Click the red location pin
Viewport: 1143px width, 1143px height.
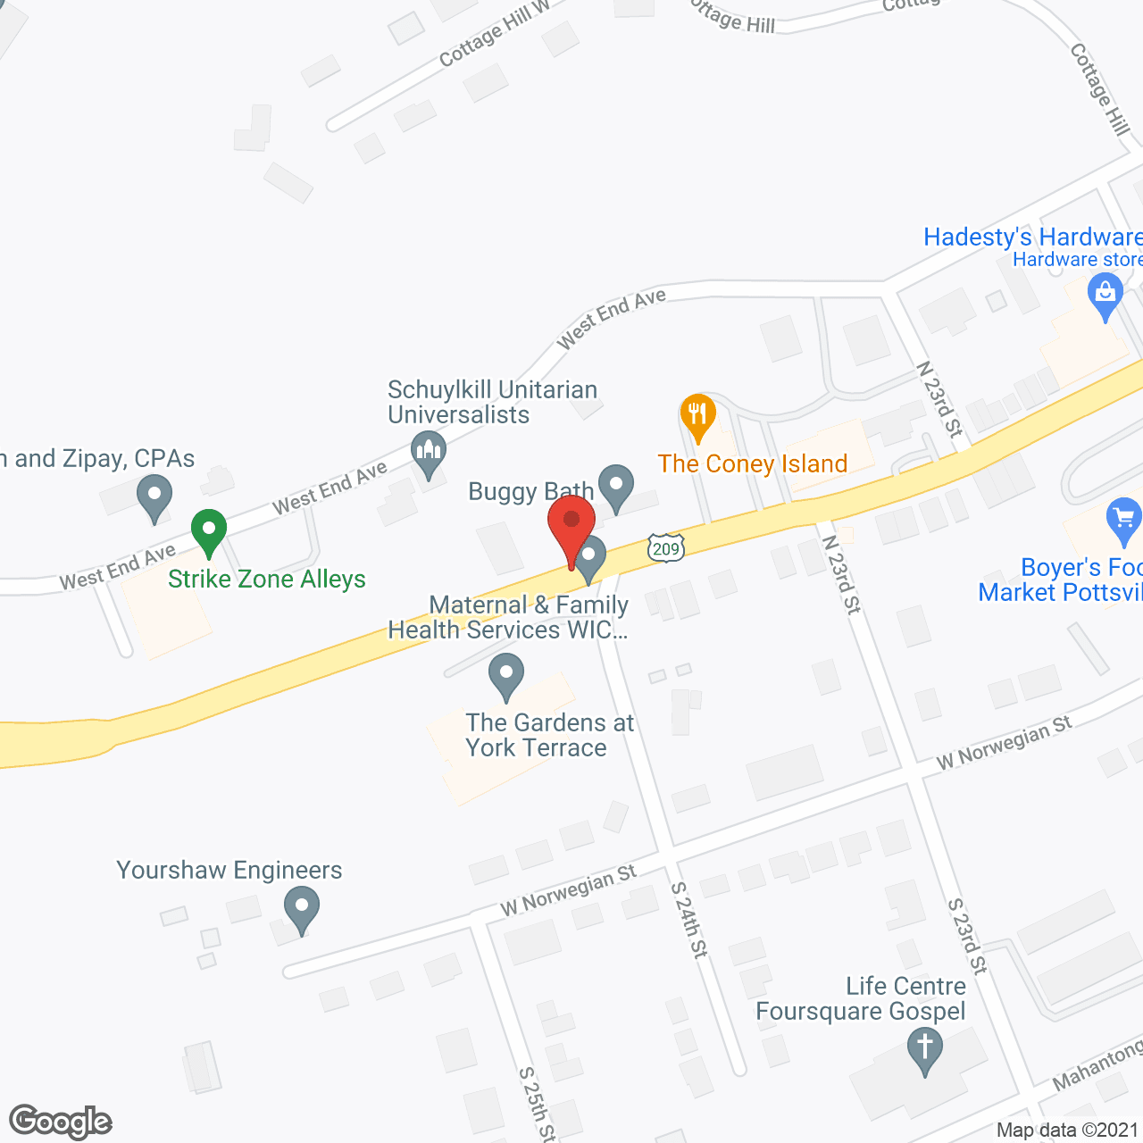(571, 528)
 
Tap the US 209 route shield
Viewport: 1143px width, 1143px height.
(666, 548)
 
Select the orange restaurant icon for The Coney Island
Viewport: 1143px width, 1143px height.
(697, 416)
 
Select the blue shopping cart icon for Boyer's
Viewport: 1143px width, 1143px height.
(1123, 520)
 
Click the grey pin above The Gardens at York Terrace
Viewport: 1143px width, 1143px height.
(506, 676)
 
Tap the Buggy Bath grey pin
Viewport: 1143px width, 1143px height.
(615, 488)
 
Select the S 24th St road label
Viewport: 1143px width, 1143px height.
(689, 920)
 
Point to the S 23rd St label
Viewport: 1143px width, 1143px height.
(967, 936)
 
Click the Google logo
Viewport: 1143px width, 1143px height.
(61, 1121)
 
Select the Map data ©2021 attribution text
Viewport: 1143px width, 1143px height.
(1068, 1130)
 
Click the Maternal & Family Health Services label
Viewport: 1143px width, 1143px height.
(509, 617)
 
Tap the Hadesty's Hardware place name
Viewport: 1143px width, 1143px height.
(1032, 238)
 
